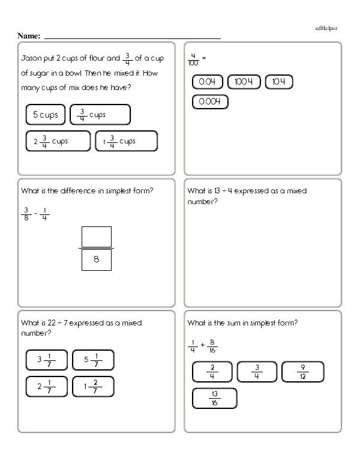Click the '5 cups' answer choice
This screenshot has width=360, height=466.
(x=45, y=114)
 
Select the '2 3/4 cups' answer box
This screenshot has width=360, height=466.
(x=56, y=141)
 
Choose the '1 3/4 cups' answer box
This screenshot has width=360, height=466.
(x=126, y=141)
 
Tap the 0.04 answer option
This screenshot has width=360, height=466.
(x=208, y=82)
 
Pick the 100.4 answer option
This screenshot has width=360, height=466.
(x=244, y=82)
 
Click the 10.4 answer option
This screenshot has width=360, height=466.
(x=279, y=82)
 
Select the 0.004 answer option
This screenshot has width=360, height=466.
(x=211, y=102)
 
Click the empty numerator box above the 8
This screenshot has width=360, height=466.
(x=96, y=237)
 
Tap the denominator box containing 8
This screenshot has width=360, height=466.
(x=96, y=260)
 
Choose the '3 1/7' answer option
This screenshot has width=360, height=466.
(x=47, y=360)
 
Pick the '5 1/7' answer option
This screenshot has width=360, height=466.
(x=93, y=360)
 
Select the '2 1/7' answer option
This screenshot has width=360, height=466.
(x=47, y=386)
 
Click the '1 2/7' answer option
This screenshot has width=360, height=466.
(x=93, y=386)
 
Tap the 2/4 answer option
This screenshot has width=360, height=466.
(x=212, y=372)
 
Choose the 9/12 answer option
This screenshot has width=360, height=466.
(x=304, y=372)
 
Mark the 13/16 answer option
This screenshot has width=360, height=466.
(x=215, y=399)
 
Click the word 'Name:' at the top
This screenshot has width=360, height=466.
(x=29, y=36)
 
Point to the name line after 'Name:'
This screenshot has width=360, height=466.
(x=132, y=37)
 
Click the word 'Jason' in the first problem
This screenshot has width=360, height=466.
(x=31, y=59)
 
